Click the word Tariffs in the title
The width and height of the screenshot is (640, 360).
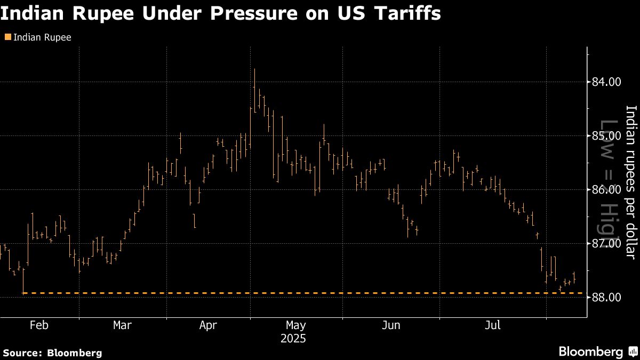tap(410, 13)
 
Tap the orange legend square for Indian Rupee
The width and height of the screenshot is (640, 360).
tap(7, 37)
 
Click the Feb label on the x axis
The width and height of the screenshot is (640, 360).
tap(39, 325)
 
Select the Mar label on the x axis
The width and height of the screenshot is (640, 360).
tap(123, 325)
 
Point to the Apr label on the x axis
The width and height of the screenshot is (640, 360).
tap(208, 325)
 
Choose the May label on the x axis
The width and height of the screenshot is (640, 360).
tap(295, 325)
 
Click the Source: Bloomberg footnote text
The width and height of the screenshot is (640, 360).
tap(52, 353)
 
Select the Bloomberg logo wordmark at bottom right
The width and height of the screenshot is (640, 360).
tap(590, 351)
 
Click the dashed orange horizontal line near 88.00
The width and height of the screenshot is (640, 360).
tap(299, 293)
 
